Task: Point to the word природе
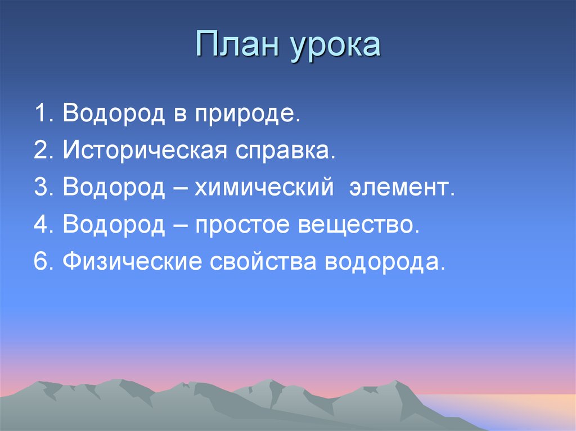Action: coord(245,116)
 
